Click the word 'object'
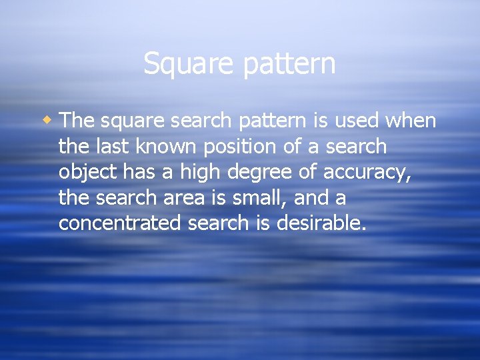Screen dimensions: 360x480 [83, 173]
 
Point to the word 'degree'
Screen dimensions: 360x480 [257, 173]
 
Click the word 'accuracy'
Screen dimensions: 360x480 [366, 173]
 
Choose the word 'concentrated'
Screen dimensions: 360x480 [119, 223]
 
